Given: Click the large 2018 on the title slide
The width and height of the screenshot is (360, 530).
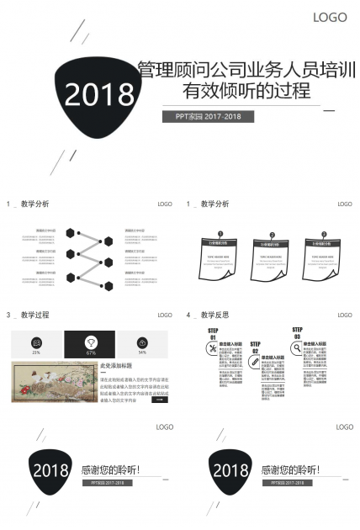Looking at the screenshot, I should point(98,94).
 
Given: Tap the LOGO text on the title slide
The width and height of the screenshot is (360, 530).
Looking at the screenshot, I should point(330,18).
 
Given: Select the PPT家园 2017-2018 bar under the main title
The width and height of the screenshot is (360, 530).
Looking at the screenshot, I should point(208,116).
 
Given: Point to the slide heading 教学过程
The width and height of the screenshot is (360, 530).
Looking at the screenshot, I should point(34,315).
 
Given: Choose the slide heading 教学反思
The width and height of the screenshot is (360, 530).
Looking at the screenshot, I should point(214,315).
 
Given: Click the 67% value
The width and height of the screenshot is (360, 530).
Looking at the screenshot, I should point(90,352).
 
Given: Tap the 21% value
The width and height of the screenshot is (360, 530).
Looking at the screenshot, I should point(36,352).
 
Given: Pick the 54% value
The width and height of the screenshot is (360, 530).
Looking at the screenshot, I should point(143,352).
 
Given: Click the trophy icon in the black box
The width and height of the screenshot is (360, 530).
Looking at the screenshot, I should point(90,342).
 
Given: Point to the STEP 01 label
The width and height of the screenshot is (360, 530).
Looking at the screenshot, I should point(213,334).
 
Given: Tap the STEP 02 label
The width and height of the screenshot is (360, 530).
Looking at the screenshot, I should point(255,347).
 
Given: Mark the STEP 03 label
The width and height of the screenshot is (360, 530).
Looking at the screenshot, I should point(297,333).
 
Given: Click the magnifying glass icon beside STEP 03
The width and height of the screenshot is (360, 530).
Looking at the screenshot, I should point(297,347).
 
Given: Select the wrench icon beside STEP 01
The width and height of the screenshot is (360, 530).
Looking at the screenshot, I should point(213,347).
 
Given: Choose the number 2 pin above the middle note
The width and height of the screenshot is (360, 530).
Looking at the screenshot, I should point(273,235).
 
